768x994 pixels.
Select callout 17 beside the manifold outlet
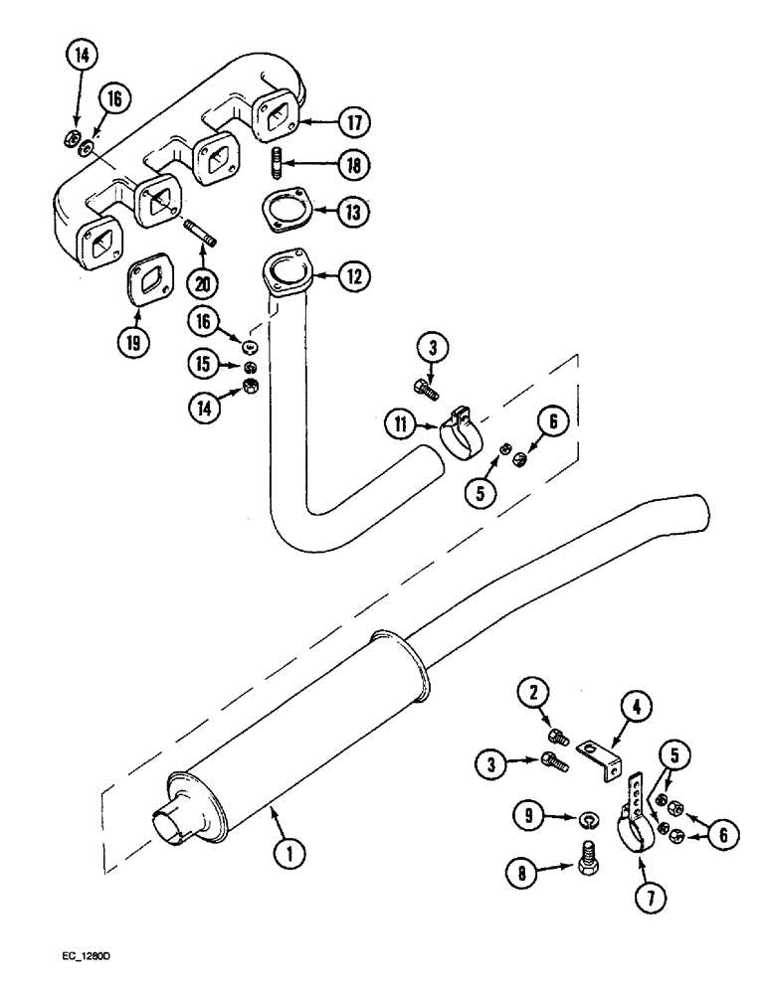353,122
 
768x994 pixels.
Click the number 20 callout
203,283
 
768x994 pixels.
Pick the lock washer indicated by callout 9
588,819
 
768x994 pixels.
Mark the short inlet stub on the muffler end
166,823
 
